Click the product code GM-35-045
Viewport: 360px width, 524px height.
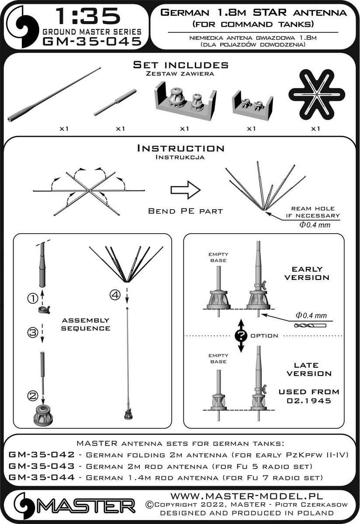coord(92,41)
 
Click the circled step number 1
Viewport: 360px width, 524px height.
coord(33,298)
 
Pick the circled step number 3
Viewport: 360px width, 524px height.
coord(33,332)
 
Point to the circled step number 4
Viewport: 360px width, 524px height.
coord(115,295)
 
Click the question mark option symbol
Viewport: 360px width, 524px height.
coord(241,336)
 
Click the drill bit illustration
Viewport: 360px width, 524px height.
coord(310,325)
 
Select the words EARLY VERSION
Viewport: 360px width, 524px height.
coord(307,273)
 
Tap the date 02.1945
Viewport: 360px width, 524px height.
coord(309,400)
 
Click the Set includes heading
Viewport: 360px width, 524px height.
coord(181,65)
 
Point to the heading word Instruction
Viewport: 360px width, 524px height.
coord(181,148)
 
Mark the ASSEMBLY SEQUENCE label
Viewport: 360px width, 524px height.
coord(86,324)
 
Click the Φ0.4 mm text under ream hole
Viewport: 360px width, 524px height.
coord(315,225)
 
